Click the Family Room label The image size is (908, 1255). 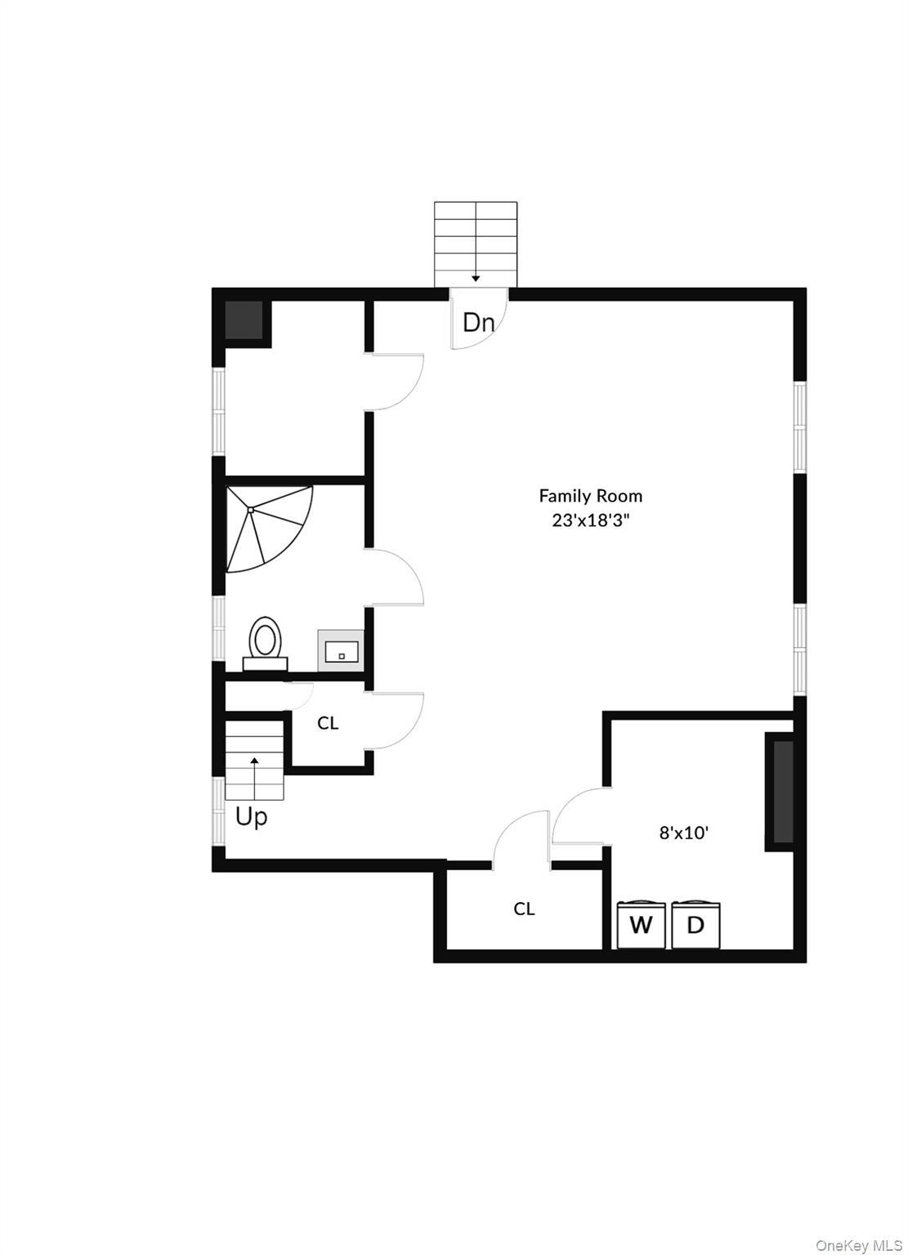coord(590,495)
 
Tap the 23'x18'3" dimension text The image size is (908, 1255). coord(590,520)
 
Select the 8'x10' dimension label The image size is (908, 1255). coord(683,833)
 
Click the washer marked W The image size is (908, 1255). coord(641,925)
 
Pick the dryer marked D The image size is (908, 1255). coord(696,925)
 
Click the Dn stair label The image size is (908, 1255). coord(478,323)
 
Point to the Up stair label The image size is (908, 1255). coord(251,816)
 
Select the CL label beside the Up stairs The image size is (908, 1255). coord(328,723)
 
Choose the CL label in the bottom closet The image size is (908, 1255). coord(524,909)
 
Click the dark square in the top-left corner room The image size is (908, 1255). coord(244,320)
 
